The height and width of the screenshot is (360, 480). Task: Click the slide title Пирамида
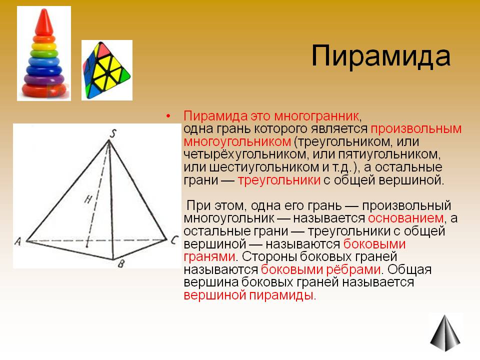click(381, 56)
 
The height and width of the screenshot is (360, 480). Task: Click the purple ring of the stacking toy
click(44, 79)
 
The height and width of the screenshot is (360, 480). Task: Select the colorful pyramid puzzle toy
click(106, 70)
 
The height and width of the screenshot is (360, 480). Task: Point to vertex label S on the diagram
click(113, 134)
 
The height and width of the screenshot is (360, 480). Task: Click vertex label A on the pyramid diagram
click(18, 241)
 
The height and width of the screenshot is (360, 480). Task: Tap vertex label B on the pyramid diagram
click(121, 263)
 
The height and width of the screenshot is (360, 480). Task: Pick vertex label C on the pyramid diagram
click(174, 239)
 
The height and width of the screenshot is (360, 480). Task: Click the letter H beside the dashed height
click(88, 199)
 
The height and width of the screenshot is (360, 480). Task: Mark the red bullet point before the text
click(168, 116)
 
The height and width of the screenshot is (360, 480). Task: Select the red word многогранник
click(316, 116)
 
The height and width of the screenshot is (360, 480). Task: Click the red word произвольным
click(416, 129)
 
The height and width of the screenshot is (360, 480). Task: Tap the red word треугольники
click(279, 180)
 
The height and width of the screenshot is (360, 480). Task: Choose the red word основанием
click(405, 218)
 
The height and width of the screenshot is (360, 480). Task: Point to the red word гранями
click(209, 257)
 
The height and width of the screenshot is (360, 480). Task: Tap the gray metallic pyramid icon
click(445, 333)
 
